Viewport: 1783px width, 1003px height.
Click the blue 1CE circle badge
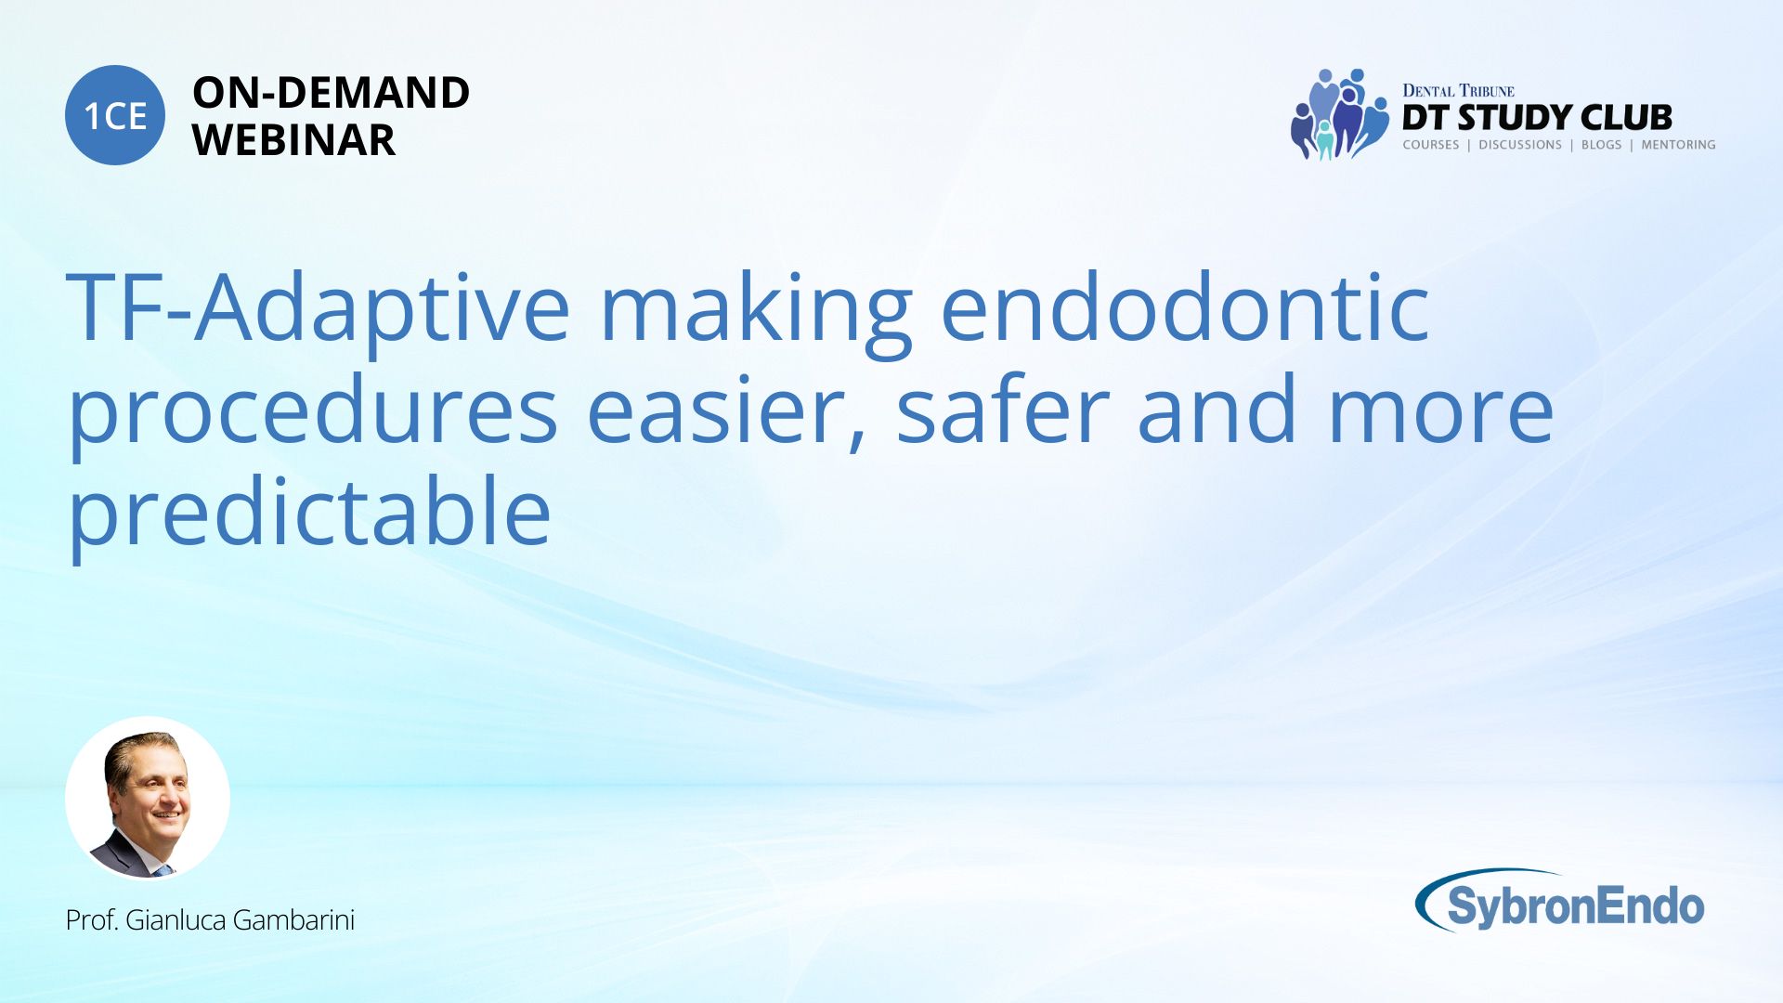click(115, 115)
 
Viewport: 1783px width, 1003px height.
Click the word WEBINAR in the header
click(293, 140)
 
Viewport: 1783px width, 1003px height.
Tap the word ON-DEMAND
click(331, 93)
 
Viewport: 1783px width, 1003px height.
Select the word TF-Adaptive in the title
click(318, 310)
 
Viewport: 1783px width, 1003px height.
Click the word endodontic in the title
click(1185, 306)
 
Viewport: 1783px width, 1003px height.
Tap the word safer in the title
click(1003, 410)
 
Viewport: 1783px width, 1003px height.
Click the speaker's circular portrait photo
click(148, 798)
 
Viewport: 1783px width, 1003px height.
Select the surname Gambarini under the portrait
click(293, 920)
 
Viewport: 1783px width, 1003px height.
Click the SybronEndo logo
click(1560, 901)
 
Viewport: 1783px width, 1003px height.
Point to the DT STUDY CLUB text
click(1537, 118)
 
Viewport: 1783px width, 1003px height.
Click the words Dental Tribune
click(1458, 91)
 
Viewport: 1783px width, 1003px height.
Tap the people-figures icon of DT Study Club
click(1339, 114)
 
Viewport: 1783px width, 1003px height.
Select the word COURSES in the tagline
click(1431, 145)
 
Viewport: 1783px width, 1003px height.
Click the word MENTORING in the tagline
click(1678, 145)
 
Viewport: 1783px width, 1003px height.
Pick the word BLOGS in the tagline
click(1601, 145)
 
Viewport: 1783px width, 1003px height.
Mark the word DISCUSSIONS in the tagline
click(1520, 145)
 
